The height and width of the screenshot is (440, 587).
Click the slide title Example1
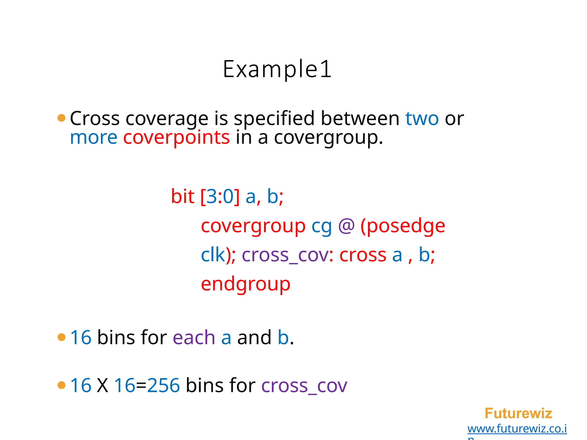pyautogui.click(x=277, y=69)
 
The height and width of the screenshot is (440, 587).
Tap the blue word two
pyautogui.click(x=422, y=118)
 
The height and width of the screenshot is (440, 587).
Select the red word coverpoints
pyautogui.click(x=176, y=138)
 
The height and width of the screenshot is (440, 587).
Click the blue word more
pyautogui.click(x=94, y=138)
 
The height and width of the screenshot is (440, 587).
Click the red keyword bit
pyautogui.click(x=183, y=197)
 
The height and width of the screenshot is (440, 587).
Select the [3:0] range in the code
pyautogui.click(x=220, y=197)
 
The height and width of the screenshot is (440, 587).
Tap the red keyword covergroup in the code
pyautogui.click(x=253, y=226)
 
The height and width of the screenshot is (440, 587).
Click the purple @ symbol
pyautogui.click(x=346, y=226)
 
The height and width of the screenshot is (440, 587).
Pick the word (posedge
pyautogui.click(x=403, y=226)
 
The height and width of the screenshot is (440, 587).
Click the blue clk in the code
pyautogui.click(x=213, y=255)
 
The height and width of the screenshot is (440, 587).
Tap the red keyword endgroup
pyautogui.click(x=246, y=284)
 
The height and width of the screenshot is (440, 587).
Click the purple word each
pyautogui.click(x=194, y=337)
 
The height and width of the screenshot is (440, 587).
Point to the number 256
pyautogui.click(x=163, y=385)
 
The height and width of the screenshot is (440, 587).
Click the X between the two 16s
pyautogui.click(x=102, y=386)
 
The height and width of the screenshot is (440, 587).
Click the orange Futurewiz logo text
pyautogui.click(x=518, y=413)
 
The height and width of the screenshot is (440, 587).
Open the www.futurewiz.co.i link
pyautogui.click(x=517, y=429)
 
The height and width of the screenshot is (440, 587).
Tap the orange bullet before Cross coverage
pyautogui.click(x=61, y=118)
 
